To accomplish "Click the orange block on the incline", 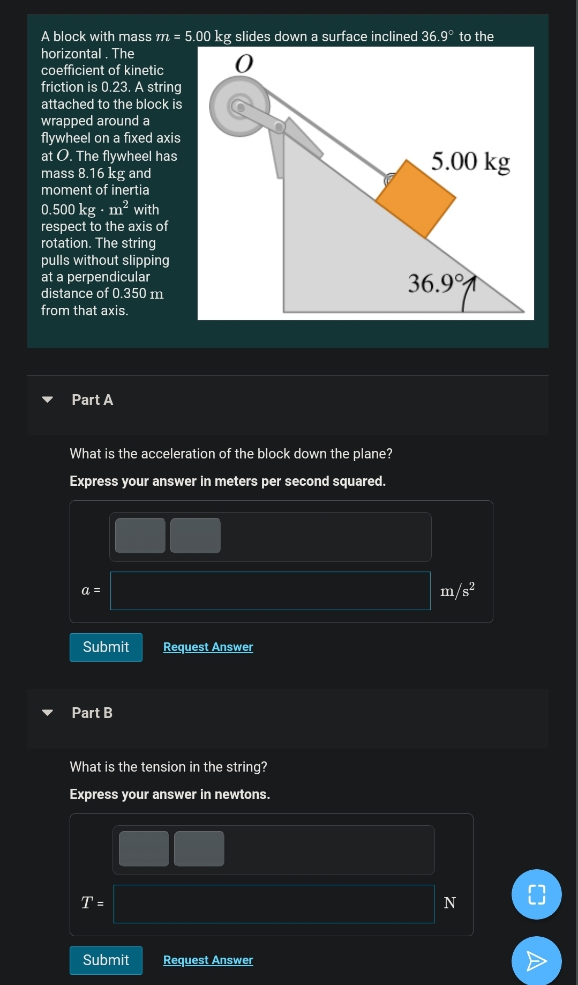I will pyautogui.click(x=416, y=198).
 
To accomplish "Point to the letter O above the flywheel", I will pyautogui.click(x=244, y=64).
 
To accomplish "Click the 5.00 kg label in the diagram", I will pyautogui.click(x=470, y=161).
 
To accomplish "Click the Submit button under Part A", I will pyautogui.click(x=106, y=647).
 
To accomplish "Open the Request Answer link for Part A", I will pyautogui.click(x=208, y=647).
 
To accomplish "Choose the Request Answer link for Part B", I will pyautogui.click(x=208, y=960).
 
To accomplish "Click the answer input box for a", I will pyautogui.click(x=270, y=591).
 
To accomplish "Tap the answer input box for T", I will pyautogui.click(x=274, y=904).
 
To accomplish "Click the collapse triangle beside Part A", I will pyautogui.click(x=48, y=399).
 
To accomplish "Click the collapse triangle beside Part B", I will pyautogui.click(x=48, y=713).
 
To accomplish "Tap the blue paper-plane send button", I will pyautogui.click(x=536, y=961).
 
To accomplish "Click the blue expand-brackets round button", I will pyautogui.click(x=536, y=894).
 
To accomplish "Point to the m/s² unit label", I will pyautogui.click(x=457, y=590).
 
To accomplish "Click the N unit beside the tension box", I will pyautogui.click(x=450, y=903).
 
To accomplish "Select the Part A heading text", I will pyautogui.click(x=92, y=400).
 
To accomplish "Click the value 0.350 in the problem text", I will pyautogui.click(x=129, y=294).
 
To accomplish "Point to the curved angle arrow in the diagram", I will pyautogui.click(x=468, y=293).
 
